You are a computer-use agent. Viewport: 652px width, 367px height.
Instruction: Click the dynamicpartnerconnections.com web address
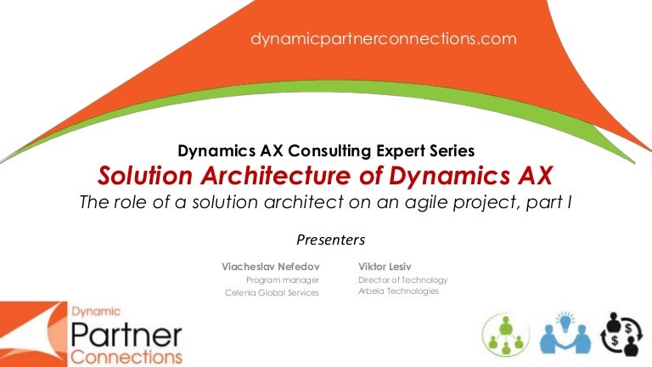click(384, 39)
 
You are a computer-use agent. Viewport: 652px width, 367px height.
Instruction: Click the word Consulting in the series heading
click(329, 150)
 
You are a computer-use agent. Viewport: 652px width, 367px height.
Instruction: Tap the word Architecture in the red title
click(277, 175)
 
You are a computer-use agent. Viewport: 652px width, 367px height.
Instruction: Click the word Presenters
click(330, 240)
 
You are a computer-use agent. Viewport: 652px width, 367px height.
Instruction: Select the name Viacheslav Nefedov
click(270, 266)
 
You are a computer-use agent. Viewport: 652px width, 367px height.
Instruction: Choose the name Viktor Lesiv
click(385, 266)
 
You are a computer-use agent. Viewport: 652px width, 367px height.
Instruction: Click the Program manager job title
click(283, 280)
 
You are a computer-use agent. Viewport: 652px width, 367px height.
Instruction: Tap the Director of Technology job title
click(402, 280)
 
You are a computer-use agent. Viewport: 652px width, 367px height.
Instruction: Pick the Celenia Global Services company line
click(272, 292)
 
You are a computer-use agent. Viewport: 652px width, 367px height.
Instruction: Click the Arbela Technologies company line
click(398, 291)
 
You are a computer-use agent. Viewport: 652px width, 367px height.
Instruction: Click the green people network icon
click(506, 335)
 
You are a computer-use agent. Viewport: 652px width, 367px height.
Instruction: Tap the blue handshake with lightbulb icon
click(565, 333)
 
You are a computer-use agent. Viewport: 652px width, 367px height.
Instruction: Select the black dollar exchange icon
click(621, 334)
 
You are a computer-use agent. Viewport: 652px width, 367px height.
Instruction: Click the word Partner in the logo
click(126, 335)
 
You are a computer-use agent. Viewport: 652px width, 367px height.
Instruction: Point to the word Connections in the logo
click(126, 357)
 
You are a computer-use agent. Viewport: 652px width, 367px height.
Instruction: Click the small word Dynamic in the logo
click(96, 312)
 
